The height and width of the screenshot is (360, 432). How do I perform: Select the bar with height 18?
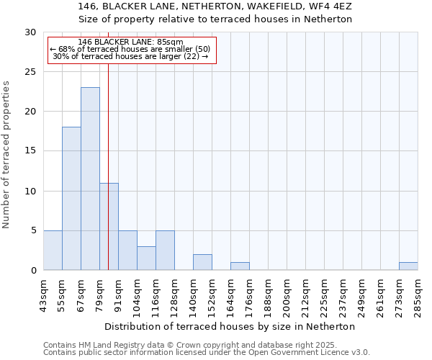[x=71, y=198]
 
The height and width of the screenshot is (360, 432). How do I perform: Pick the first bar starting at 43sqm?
[x=53, y=250]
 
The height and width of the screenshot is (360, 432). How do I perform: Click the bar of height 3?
[x=146, y=258]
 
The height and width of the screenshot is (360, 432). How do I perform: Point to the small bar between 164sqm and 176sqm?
[x=240, y=266]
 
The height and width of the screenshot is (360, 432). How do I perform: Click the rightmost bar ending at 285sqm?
[x=408, y=266]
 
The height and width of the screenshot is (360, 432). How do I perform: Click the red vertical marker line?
[x=108, y=144]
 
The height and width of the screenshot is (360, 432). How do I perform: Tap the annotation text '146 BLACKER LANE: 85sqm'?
[x=131, y=42]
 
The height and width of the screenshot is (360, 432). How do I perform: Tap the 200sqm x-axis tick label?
[x=287, y=294]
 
